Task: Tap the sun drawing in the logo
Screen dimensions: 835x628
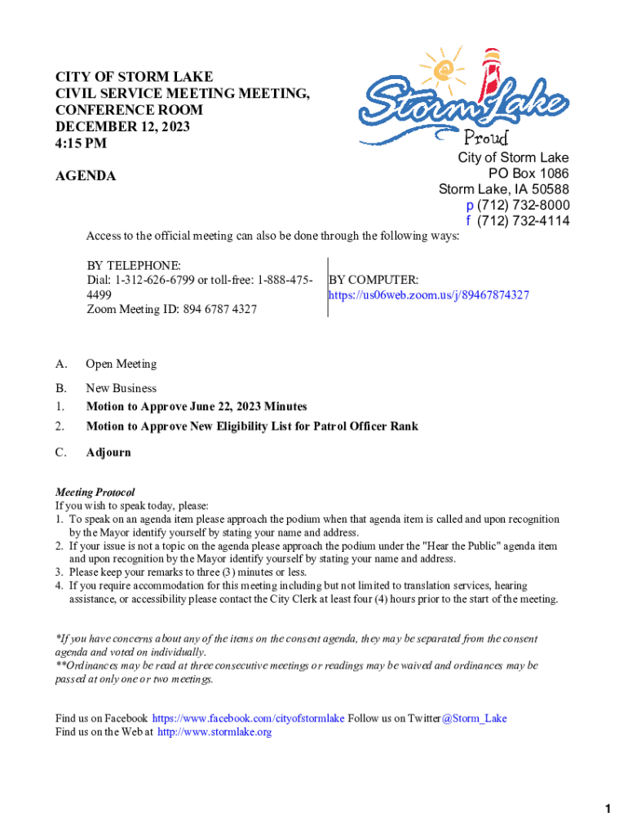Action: [x=447, y=72]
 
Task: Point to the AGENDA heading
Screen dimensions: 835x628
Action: [x=86, y=176]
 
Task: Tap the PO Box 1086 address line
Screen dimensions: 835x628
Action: [x=528, y=174]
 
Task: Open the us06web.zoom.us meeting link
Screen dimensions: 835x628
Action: [x=428, y=295]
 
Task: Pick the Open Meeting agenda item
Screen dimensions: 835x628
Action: [x=121, y=364]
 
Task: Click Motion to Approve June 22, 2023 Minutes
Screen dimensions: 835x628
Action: [x=197, y=407]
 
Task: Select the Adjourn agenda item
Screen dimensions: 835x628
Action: [x=108, y=453]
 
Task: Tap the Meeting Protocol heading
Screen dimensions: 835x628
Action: [x=95, y=493]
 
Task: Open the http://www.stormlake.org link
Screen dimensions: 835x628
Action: [x=214, y=732]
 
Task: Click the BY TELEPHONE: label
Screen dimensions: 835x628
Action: [x=134, y=266]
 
